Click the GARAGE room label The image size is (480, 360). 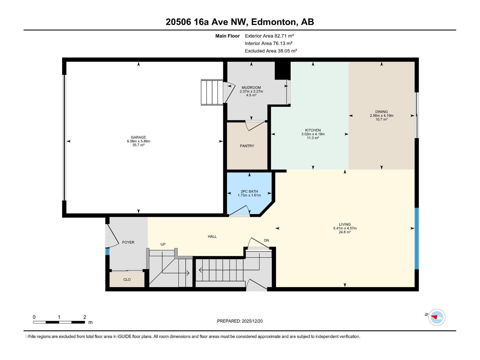[138, 137]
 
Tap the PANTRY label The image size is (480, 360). [247, 146]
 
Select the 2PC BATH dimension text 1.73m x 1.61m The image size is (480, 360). [249, 195]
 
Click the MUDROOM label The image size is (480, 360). [251, 88]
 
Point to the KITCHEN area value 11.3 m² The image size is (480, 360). [313, 138]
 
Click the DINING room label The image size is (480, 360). [381, 112]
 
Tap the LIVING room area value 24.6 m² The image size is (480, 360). [345, 232]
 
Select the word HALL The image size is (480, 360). [212, 237]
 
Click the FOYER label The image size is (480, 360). [128, 242]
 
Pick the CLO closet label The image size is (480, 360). [127, 280]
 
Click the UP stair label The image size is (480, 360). [163, 244]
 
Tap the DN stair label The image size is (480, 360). [266, 241]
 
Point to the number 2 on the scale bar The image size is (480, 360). [85, 317]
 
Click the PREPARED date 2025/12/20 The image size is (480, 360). [252, 321]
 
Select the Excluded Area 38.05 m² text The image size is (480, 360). [271, 51]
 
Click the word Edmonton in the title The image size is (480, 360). [273, 22]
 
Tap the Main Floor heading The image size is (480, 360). [227, 36]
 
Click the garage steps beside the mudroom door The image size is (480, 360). [212, 92]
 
